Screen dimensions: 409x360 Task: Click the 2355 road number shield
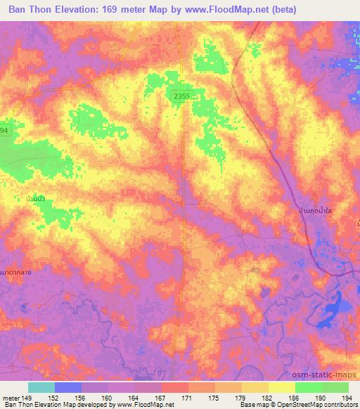(x=183, y=96)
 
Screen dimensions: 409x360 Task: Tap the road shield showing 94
(x=4, y=131)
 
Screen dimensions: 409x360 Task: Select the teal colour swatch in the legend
(x=41, y=387)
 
